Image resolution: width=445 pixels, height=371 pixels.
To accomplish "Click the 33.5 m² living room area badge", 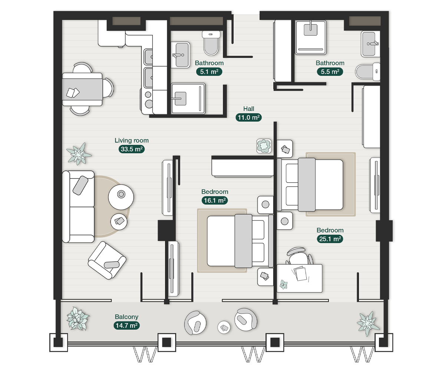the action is click(x=132, y=149).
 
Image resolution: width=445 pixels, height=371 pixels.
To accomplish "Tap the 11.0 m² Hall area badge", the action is click(x=248, y=118).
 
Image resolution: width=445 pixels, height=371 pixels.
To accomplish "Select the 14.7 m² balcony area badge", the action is click(x=126, y=326).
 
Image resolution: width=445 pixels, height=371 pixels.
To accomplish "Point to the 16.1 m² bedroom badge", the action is click(x=215, y=200).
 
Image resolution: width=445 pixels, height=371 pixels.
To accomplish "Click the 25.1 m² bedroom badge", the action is click(x=330, y=239).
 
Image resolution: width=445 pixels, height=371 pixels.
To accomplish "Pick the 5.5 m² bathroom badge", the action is click(x=330, y=72).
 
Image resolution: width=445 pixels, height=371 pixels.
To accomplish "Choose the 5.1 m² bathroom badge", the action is click(x=209, y=72).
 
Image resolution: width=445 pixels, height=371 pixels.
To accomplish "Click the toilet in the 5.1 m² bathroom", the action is click(x=211, y=43).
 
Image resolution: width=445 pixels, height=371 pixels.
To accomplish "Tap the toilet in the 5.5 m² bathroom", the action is click(x=367, y=72).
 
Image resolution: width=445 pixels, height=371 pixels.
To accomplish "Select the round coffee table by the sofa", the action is click(x=121, y=197).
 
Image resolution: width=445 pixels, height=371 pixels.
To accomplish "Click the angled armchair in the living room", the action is click(x=107, y=260).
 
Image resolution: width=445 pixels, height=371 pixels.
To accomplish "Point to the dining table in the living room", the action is click(x=82, y=89).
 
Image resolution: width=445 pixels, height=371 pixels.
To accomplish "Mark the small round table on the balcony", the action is click(x=224, y=327).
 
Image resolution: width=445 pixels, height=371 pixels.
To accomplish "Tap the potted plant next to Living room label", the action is click(x=79, y=154).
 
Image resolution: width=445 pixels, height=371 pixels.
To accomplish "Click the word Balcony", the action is click(x=126, y=317).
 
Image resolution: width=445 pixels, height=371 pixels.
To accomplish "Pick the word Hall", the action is click(x=248, y=109).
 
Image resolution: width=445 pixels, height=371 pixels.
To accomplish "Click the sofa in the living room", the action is click(x=78, y=207).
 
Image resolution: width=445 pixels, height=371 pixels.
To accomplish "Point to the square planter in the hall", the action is click(x=264, y=146).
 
